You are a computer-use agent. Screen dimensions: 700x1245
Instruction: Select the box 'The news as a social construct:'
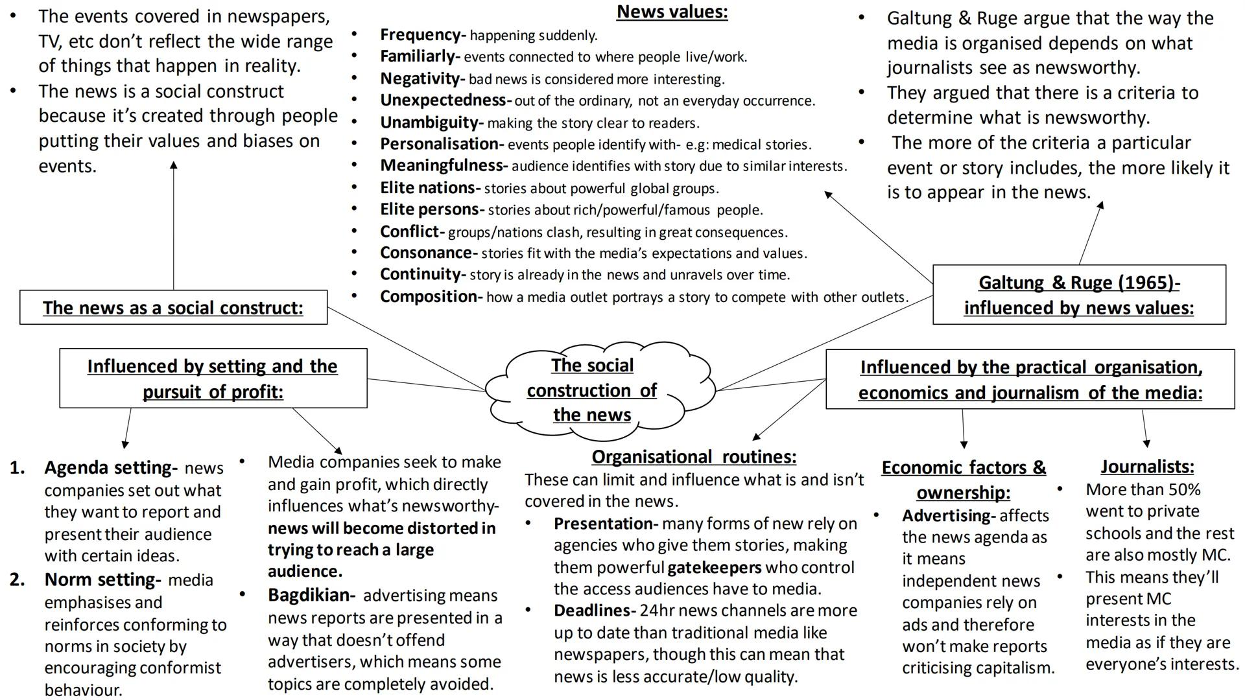pos(173,307)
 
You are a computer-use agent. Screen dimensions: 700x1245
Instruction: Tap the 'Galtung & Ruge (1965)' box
pos(1079,295)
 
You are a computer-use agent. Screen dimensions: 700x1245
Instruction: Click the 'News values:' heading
pos(672,12)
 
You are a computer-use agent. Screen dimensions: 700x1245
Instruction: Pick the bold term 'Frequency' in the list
pos(420,35)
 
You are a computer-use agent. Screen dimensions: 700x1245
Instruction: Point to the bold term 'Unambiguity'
pos(429,122)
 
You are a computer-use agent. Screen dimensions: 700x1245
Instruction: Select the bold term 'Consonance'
pos(426,253)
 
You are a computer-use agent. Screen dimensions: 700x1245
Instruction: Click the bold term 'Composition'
pos(429,297)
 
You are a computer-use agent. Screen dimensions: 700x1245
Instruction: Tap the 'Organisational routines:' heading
pos(694,457)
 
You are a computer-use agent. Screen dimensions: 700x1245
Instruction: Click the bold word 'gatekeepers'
pos(714,568)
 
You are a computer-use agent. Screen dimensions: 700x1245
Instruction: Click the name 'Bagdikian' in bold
pos(309,596)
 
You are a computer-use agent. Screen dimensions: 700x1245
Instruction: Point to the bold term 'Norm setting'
pos(101,580)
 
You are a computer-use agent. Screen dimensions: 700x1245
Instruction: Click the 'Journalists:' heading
pos(1146,467)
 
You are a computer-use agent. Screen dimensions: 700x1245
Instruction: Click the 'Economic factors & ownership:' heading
pos(963,480)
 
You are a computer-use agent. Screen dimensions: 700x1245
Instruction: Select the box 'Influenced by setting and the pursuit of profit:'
pos(213,379)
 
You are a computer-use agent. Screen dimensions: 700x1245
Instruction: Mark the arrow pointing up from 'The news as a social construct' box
pos(174,227)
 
